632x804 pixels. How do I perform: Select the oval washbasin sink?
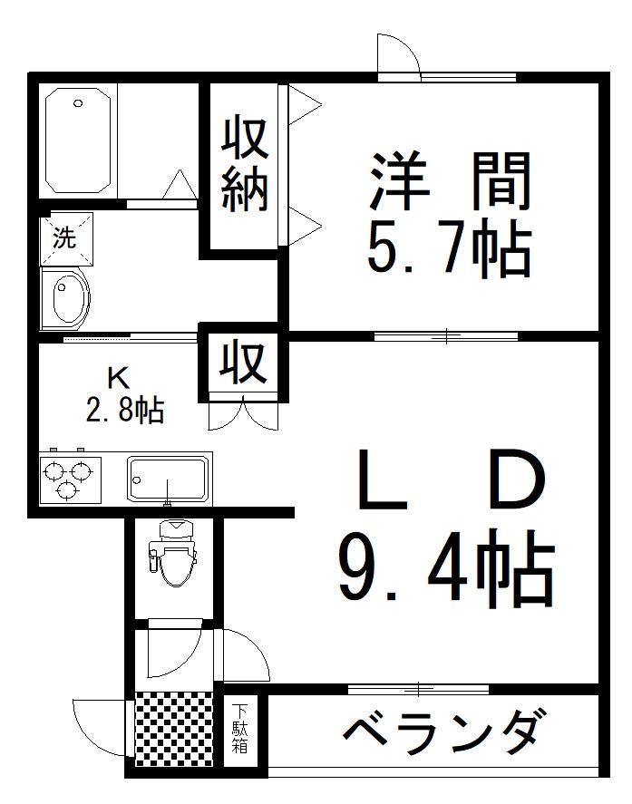[68, 297]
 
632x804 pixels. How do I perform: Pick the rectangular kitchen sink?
[169, 478]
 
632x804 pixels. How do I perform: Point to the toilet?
[175, 555]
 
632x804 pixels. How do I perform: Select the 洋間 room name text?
[448, 181]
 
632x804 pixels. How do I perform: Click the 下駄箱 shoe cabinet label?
[240, 731]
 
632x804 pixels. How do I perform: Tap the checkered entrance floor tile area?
[172, 729]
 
